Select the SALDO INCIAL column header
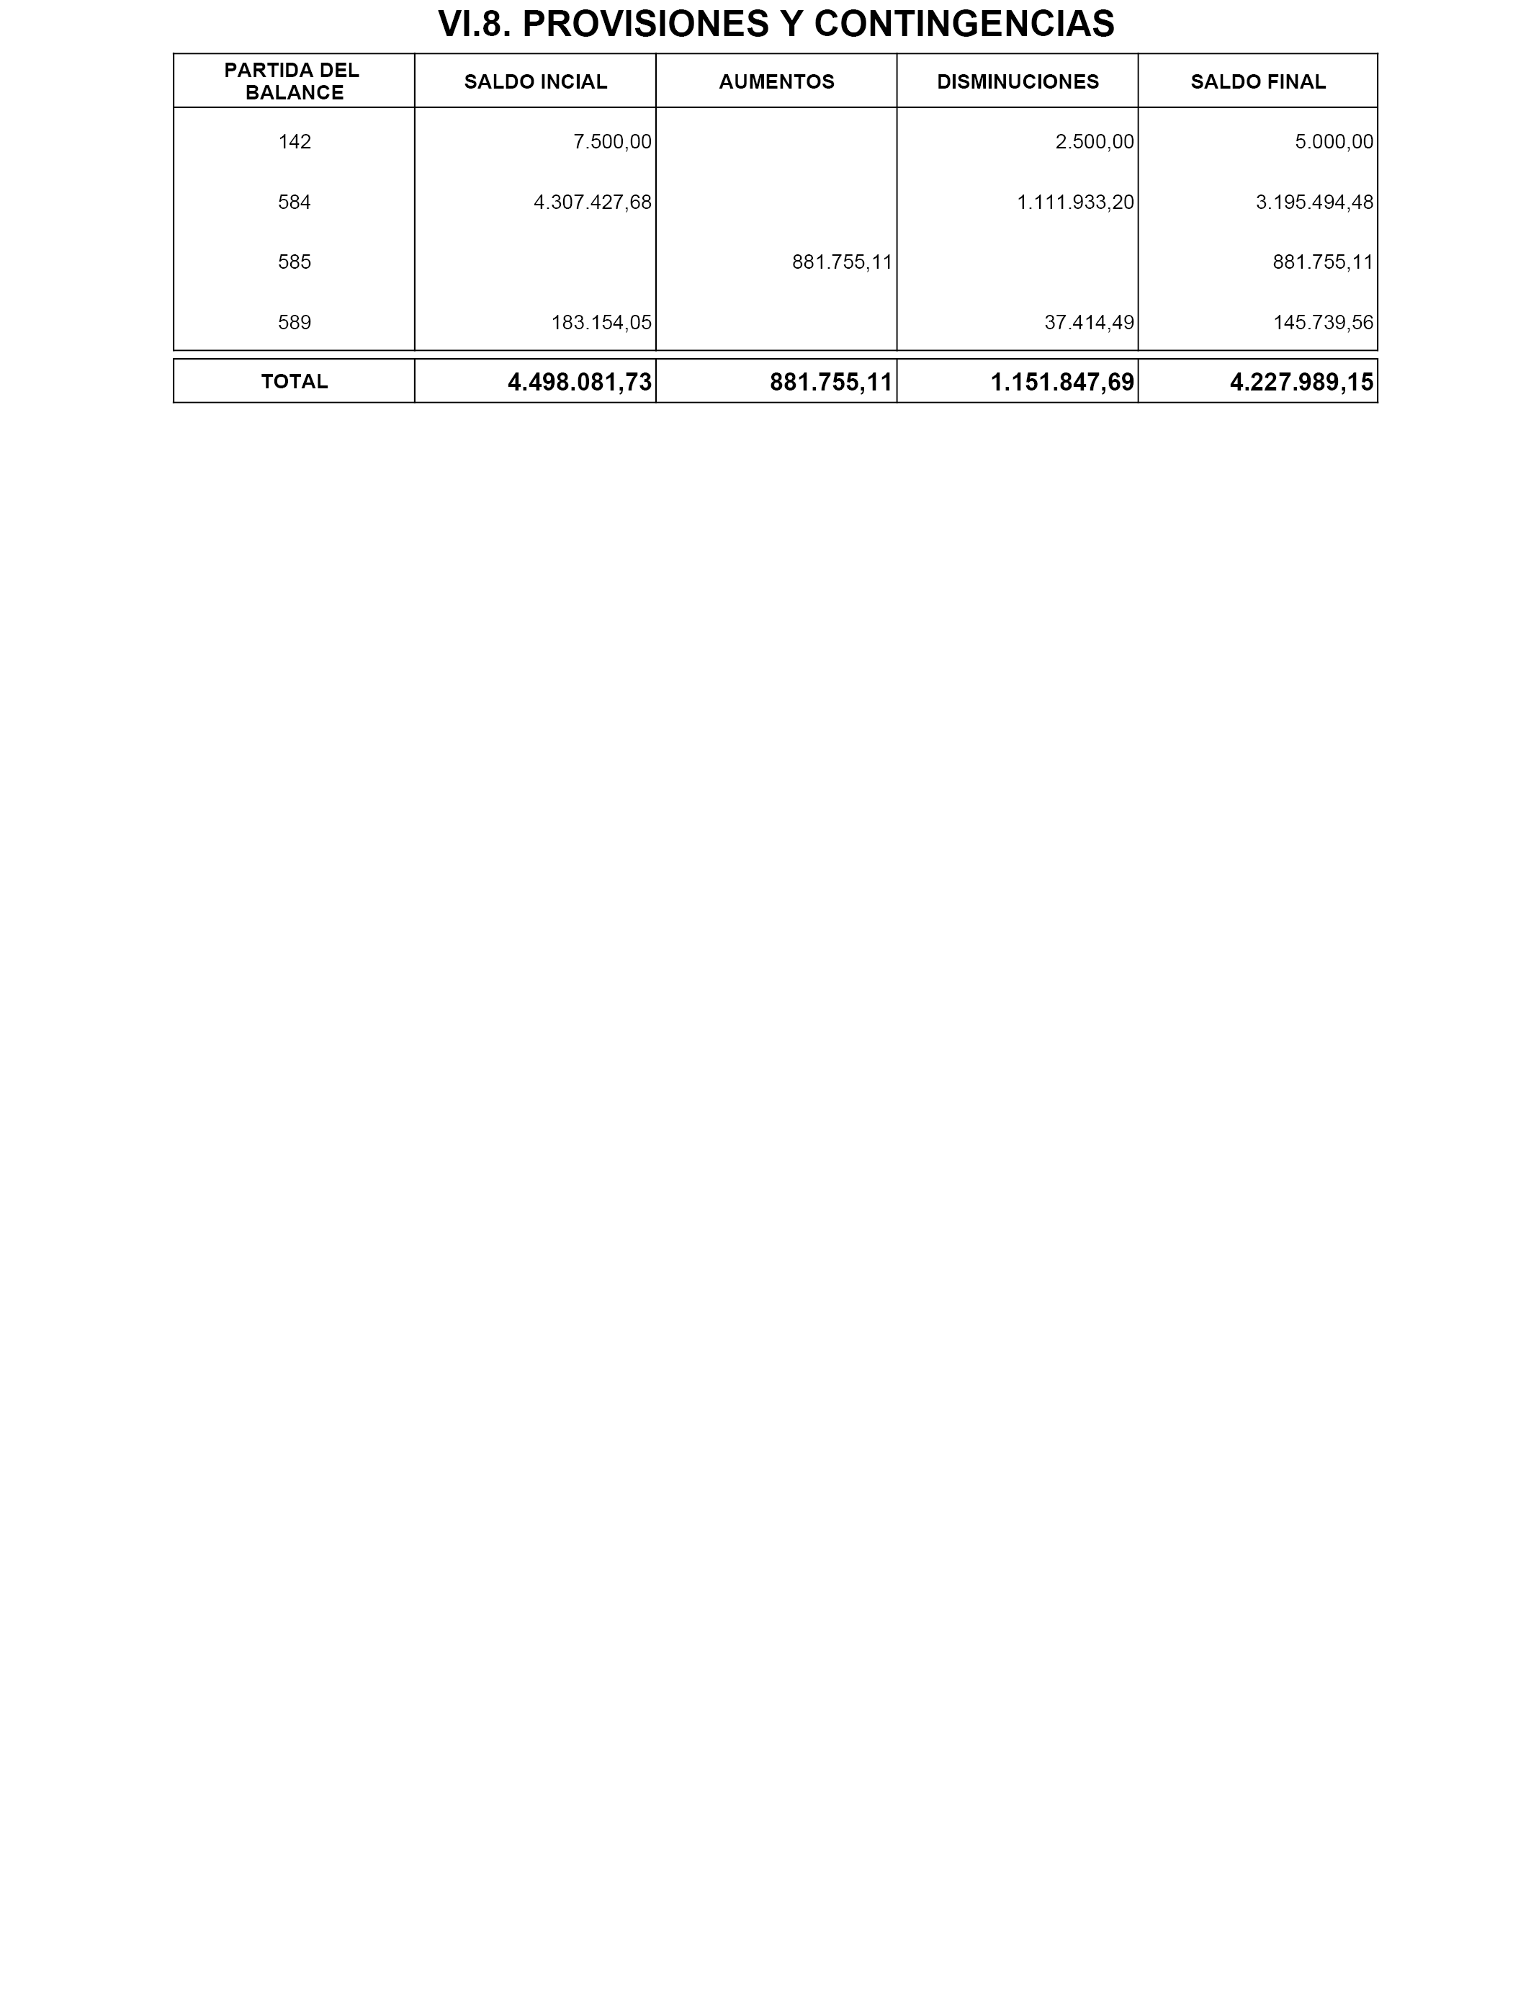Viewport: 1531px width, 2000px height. [535, 82]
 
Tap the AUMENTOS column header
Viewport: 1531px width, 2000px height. [776, 82]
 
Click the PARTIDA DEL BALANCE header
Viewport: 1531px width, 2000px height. [293, 81]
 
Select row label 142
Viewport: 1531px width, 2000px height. [295, 142]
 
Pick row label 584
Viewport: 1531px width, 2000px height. [295, 202]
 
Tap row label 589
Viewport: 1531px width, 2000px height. [295, 323]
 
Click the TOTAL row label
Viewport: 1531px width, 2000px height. [295, 382]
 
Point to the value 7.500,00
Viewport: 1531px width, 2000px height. [612, 142]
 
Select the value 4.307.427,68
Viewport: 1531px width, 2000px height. [593, 202]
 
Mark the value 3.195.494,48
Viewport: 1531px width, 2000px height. [1314, 202]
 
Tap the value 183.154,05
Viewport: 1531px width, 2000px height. [601, 323]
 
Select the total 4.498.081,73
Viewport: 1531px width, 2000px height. [580, 383]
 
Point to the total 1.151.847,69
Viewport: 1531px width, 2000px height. [1063, 383]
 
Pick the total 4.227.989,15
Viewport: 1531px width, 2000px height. [1301, 383]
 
